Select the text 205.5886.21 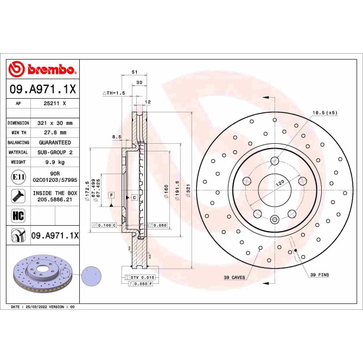point(55,199)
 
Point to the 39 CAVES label point(234,277)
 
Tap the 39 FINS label point(319,275)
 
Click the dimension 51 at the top point(134,72)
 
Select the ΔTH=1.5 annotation point(114,93)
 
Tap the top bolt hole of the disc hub point(275,160)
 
